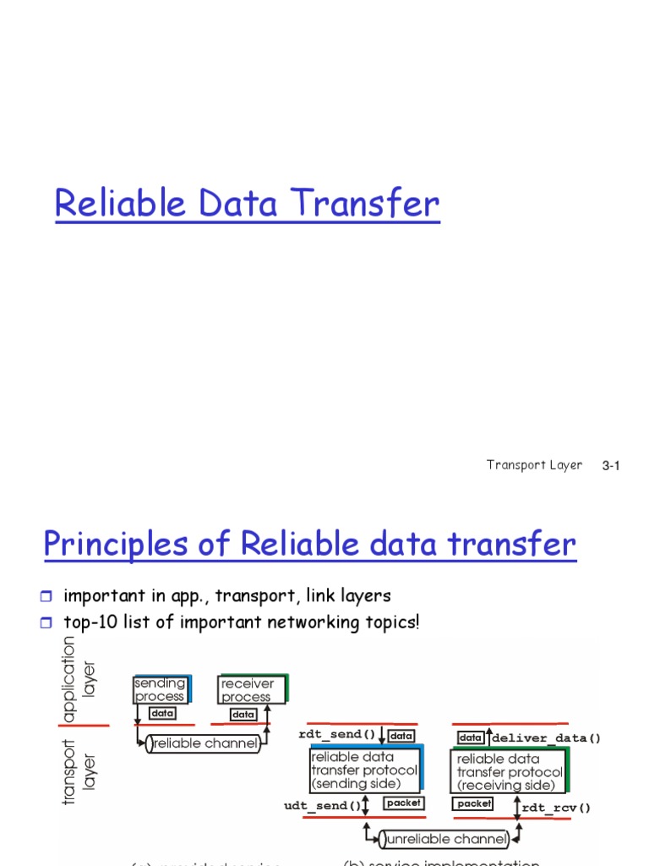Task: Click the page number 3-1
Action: click(611, 466)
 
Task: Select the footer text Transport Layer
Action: click(534, 465)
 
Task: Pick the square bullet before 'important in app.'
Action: click(47, 597)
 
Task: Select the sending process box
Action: click(161, 689)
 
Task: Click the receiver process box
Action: click(251, 689)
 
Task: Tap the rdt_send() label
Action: click(336, 734)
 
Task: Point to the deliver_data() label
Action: click(547, 738)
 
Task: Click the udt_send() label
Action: click(322, 806)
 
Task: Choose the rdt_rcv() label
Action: click(557, 808)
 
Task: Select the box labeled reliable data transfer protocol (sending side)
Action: click(364, 770)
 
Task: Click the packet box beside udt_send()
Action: click(403, 803)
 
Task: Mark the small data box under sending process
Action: click(162, 714)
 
